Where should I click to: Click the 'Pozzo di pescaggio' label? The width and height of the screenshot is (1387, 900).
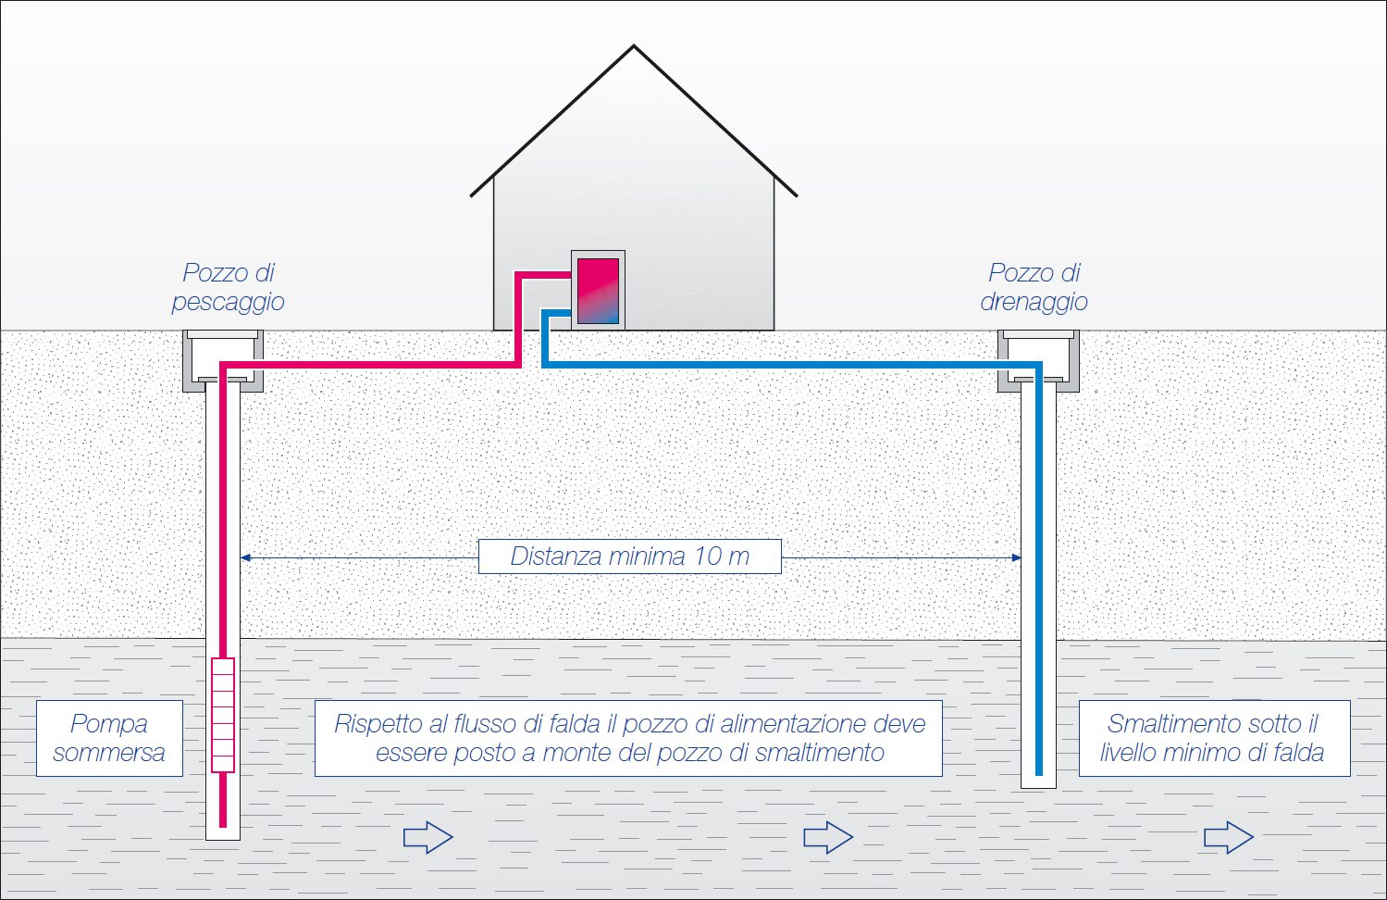click(x=228, y=287)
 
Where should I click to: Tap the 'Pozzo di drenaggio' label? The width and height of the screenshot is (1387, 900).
click(x=1034, y=287)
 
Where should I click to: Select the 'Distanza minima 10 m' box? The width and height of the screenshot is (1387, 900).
click(x=630, y=556)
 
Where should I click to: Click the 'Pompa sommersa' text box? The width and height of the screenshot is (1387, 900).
click(x=109, y=738)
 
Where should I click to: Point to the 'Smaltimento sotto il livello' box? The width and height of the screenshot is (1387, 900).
click(x=1214, y=738)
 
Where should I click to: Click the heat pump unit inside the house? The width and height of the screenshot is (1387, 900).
click(x=598, y=291)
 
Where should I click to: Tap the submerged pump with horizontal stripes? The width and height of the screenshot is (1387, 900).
click(x=223, y=715)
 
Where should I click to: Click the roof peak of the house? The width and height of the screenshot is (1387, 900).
click(x=634, y=46)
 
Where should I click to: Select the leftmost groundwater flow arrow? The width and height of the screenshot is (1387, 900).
click(x=427, y=837)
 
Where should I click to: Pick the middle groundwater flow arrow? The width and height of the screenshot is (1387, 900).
click(x=828, y=837)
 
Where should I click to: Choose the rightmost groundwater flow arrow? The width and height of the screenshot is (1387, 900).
click(x=1229, y=837)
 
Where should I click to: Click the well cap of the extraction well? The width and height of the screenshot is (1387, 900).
click(x=223, y=361)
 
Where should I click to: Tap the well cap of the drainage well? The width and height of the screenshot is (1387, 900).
click(x=1038, y=361)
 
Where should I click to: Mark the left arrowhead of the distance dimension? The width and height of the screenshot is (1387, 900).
click(x=245, y=557)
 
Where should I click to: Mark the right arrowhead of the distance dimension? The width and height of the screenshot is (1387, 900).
click(x=1016, y=557)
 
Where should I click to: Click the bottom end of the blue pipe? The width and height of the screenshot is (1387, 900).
click(x=1039, y=773)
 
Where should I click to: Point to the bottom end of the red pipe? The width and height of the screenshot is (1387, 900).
click(x=223, y=824)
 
